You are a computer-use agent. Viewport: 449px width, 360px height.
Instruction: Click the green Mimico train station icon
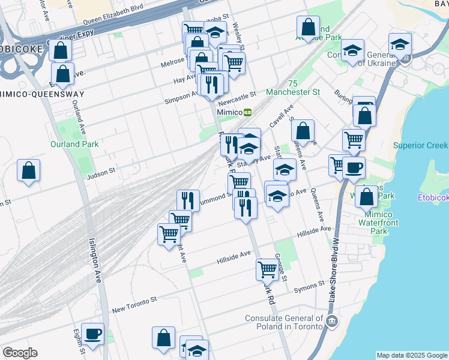coord(247,112)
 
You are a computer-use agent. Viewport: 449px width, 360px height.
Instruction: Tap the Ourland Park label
coord(75,144)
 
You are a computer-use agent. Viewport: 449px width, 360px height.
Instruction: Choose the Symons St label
coord(309,287)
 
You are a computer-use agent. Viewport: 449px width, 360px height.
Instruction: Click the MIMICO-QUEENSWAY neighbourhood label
coord(42,94)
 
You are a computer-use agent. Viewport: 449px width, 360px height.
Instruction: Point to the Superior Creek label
coord(420,145)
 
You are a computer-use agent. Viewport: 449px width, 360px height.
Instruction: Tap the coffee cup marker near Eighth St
coord(92,334)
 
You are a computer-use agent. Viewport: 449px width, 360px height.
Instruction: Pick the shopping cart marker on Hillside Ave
coord(267,269)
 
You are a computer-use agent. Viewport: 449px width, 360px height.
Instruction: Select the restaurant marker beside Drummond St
coord(188,201)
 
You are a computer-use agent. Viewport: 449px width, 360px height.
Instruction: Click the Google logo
coord(20,353)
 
